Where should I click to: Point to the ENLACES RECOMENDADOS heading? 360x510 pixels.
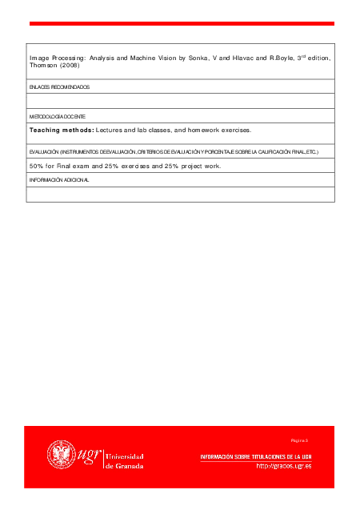click(x=59, y=86)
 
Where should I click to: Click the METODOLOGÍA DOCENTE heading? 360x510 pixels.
click(x=57, y=117)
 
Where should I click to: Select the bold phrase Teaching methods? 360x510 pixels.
click(x=62, y=130)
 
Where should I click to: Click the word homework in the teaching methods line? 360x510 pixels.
click(x=206, y=130)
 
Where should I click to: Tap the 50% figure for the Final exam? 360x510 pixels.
click(x=36, y=166)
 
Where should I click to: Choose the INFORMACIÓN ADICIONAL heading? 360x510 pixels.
click(x=59, y=180)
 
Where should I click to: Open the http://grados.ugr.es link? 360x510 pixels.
click(x=283, y=466)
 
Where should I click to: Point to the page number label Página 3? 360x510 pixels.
click(x=300, y=440)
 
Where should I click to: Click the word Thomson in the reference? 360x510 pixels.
click(x=42, y=66)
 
